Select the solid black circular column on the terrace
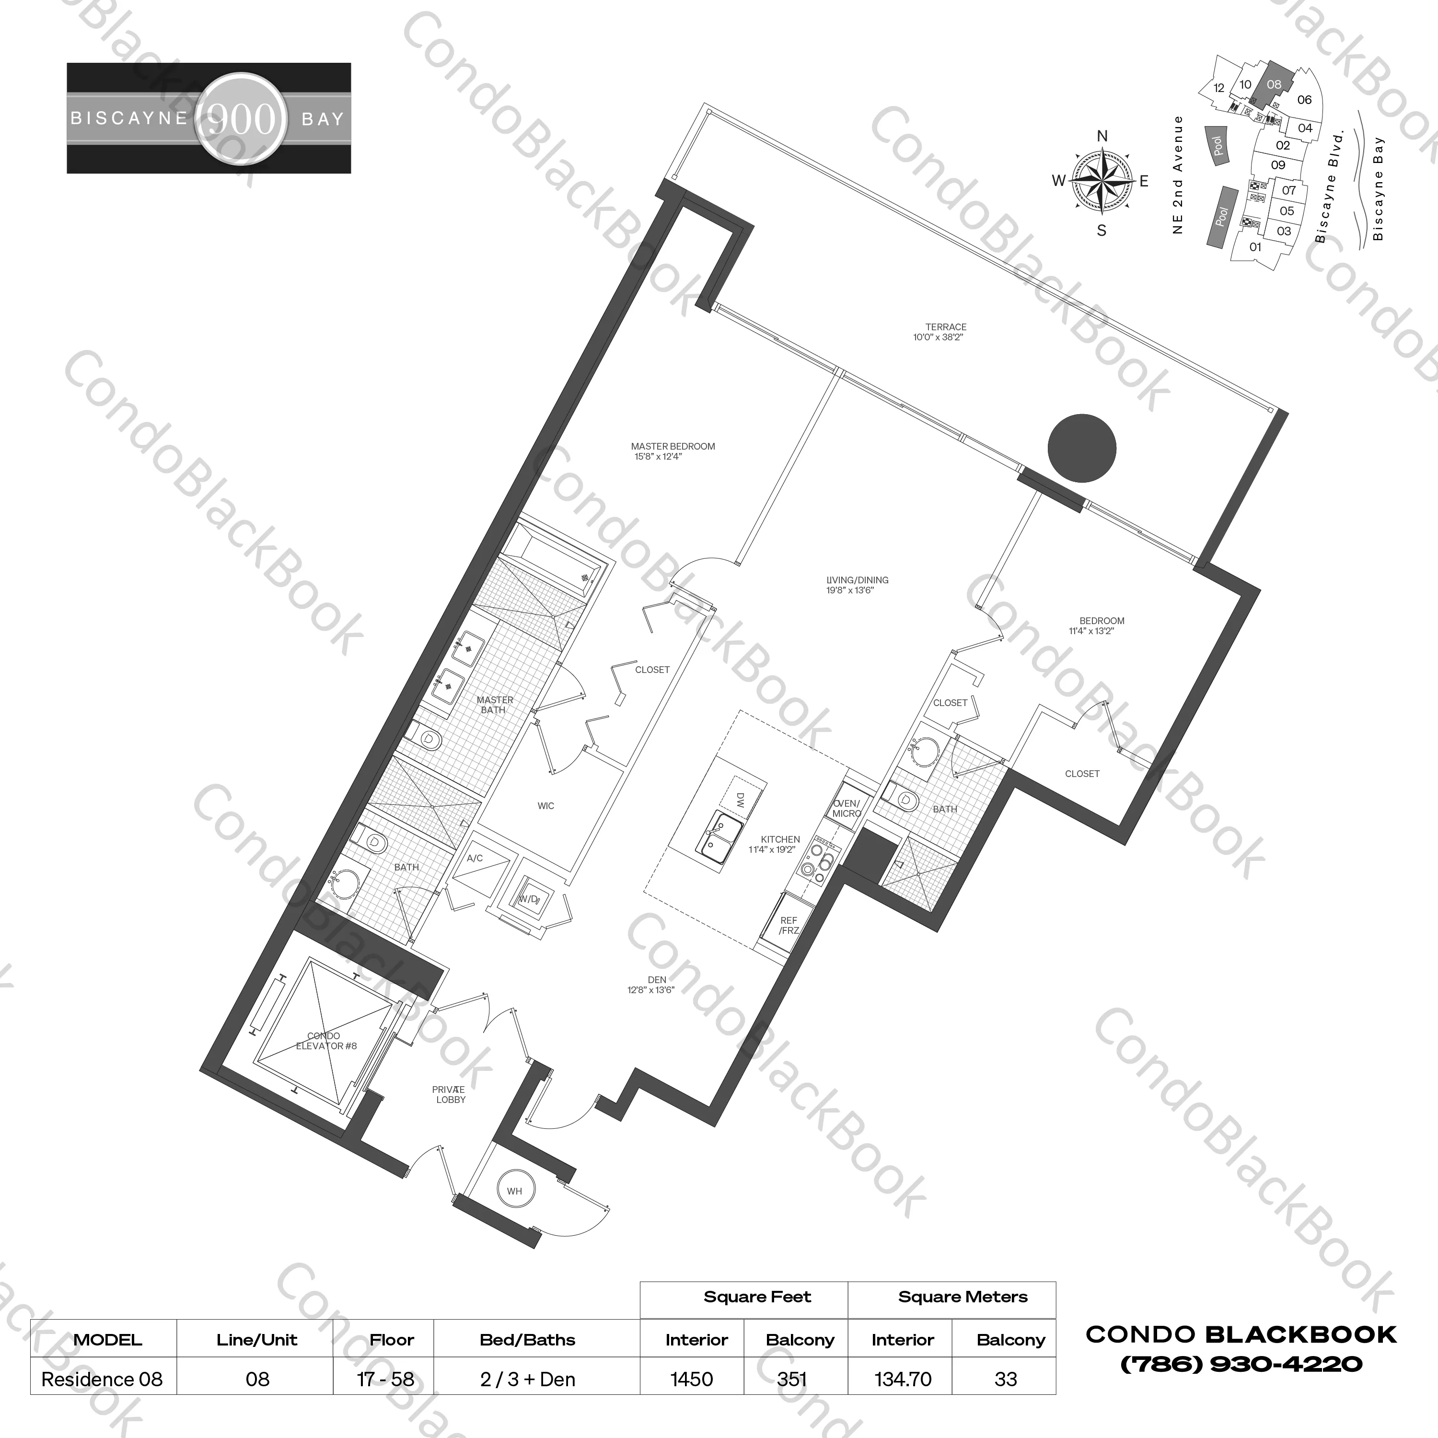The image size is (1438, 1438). (1081, 448)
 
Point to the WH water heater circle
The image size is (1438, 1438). (514, 1191)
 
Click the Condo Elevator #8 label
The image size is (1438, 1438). (325, 1041)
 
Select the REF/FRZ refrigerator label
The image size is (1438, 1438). (788, 925)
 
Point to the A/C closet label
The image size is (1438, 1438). (475, 858)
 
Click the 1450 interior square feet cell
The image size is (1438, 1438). (692, 1379)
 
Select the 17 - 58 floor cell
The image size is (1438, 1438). (385, 1379)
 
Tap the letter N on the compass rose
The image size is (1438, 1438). (1102, 136)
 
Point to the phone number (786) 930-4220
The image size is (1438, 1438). (1241, 1364)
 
